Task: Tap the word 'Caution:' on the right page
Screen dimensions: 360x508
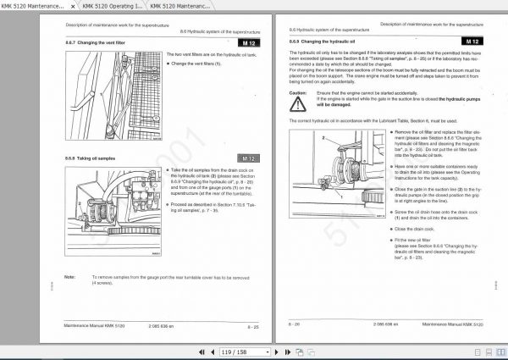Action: tap(298, 91)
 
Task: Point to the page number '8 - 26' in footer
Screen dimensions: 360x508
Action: tap(295, 324)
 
